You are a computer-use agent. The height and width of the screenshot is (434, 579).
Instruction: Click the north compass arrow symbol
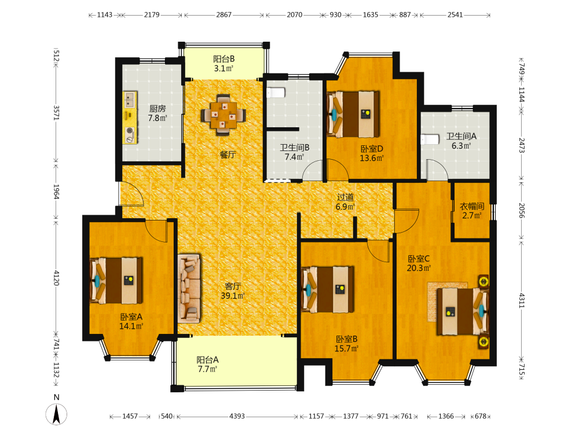tap(57, 414)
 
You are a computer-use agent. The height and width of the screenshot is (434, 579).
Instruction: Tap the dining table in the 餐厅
tap(223, 115)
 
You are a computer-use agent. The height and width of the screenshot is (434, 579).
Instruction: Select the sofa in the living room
tap(189, 288)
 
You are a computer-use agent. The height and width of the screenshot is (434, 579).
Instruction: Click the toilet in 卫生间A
tap(430, 139)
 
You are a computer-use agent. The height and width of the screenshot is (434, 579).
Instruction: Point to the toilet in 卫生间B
tap(276, 92)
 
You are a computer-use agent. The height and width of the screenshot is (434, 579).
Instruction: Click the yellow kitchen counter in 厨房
tap(130, 117)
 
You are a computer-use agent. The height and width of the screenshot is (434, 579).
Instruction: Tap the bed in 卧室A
tap(116, 281)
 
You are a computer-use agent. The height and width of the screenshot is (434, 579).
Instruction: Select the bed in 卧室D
tap(353, 114)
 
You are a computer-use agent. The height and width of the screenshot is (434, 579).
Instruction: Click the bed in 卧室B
tap(328, 289)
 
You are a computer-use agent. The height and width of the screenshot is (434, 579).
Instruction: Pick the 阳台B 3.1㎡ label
tap(223, 64)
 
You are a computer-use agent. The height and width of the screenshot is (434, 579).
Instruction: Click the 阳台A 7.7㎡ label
tap(207, 364)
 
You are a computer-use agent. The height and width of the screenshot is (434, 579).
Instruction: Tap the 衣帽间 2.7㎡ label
tap(471, 211)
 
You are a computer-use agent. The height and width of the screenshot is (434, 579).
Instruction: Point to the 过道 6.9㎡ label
tap(345, 202)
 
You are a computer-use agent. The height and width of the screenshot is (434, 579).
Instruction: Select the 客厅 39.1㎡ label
tap(233, 291)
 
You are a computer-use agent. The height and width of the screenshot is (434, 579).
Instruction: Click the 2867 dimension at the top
tap(223, 15)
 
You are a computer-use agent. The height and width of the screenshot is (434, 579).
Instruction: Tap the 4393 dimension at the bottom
tap(237, 416)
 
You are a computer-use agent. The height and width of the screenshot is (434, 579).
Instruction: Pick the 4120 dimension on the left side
tap(56, 278)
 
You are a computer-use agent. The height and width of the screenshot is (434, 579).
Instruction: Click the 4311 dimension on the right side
tap(522, 300)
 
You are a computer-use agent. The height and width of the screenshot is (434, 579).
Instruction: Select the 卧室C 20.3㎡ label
tap(419, 263)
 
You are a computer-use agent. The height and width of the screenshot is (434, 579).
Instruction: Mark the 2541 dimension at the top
tap(455, 15)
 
